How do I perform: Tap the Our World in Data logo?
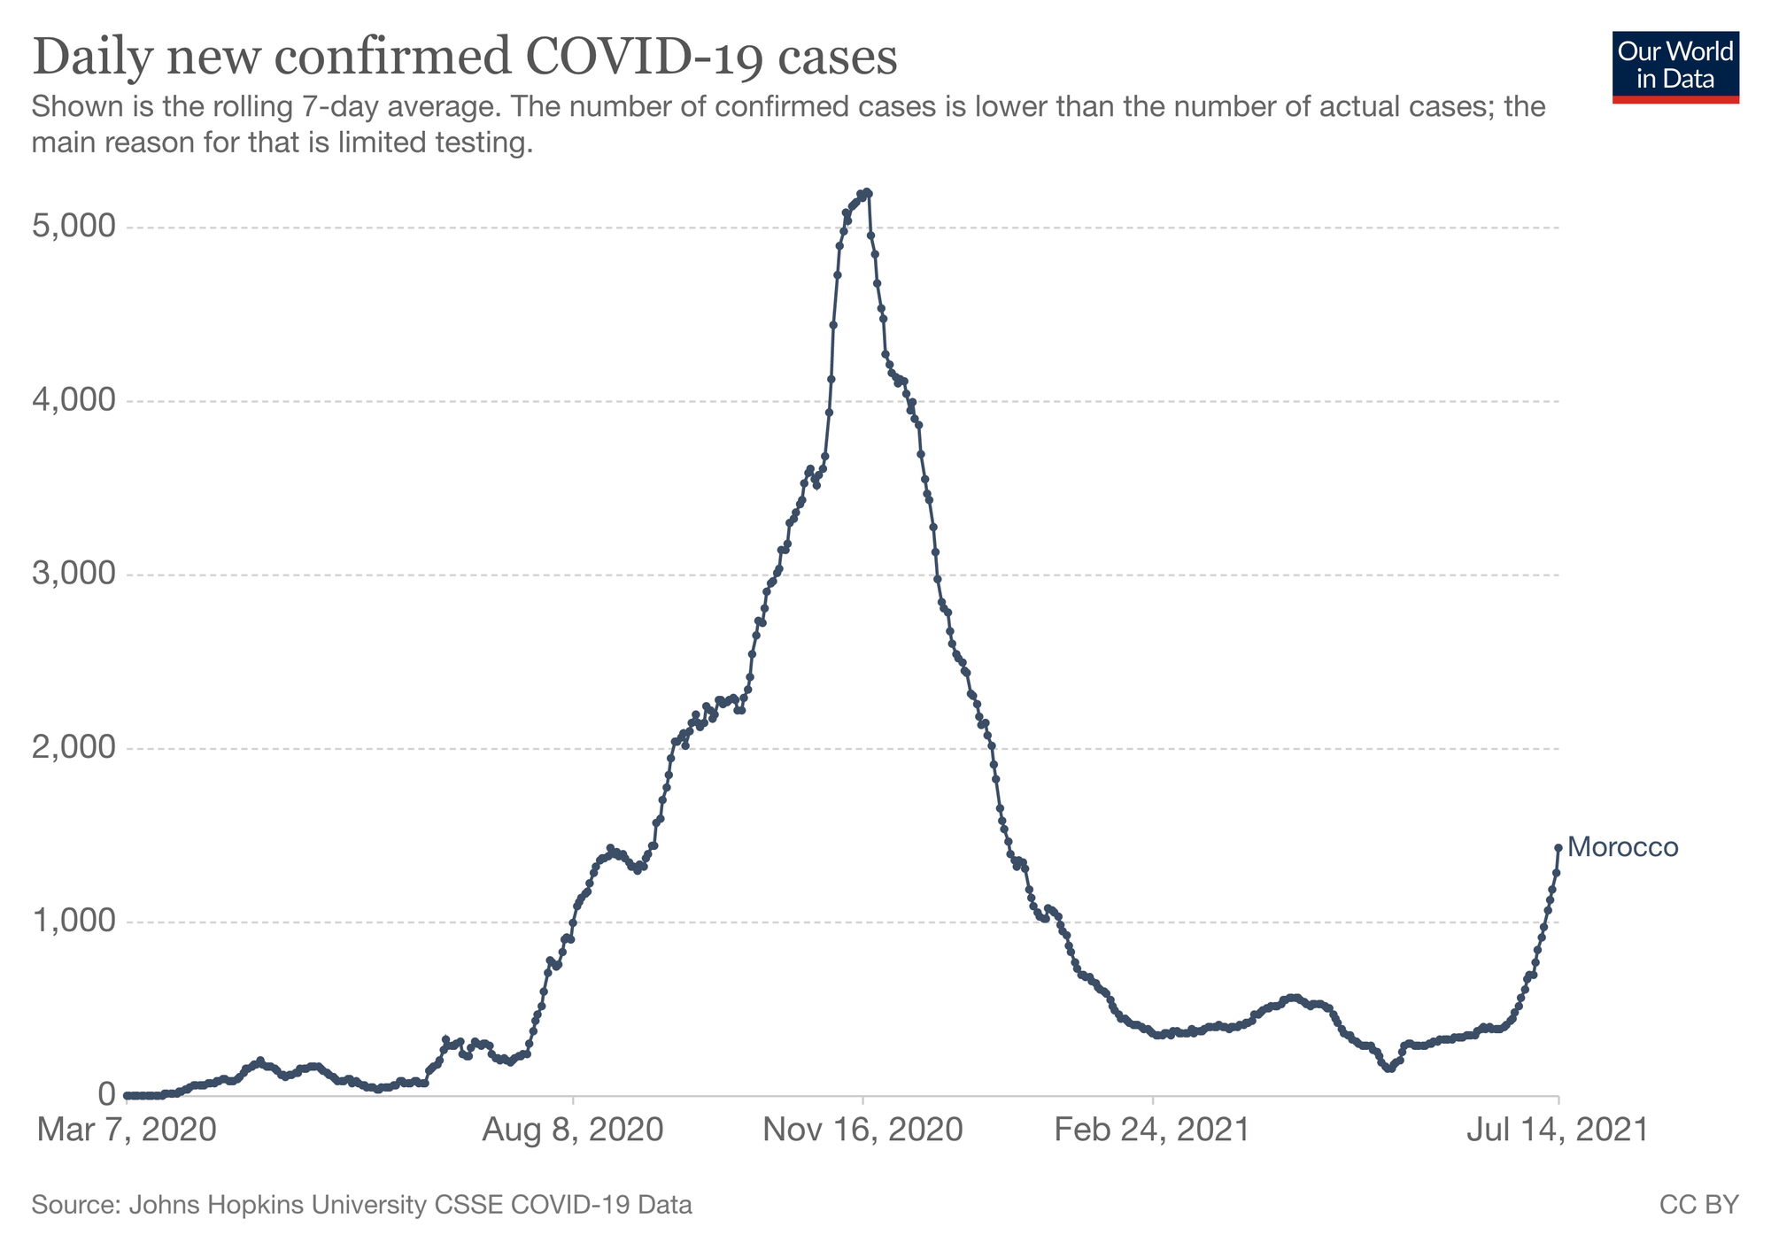(1675, 67)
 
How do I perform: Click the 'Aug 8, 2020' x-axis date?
(574, 1130)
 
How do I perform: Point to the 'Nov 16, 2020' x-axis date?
(863, 1130)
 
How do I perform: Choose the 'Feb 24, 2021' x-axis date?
(1153, 1130)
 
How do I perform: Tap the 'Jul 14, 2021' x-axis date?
(1558, 1130)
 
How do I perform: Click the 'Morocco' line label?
(1622, 848)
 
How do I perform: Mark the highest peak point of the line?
(868, 192)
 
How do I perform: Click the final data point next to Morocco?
(1558, 847)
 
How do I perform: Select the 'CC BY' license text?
(1698, 1205)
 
